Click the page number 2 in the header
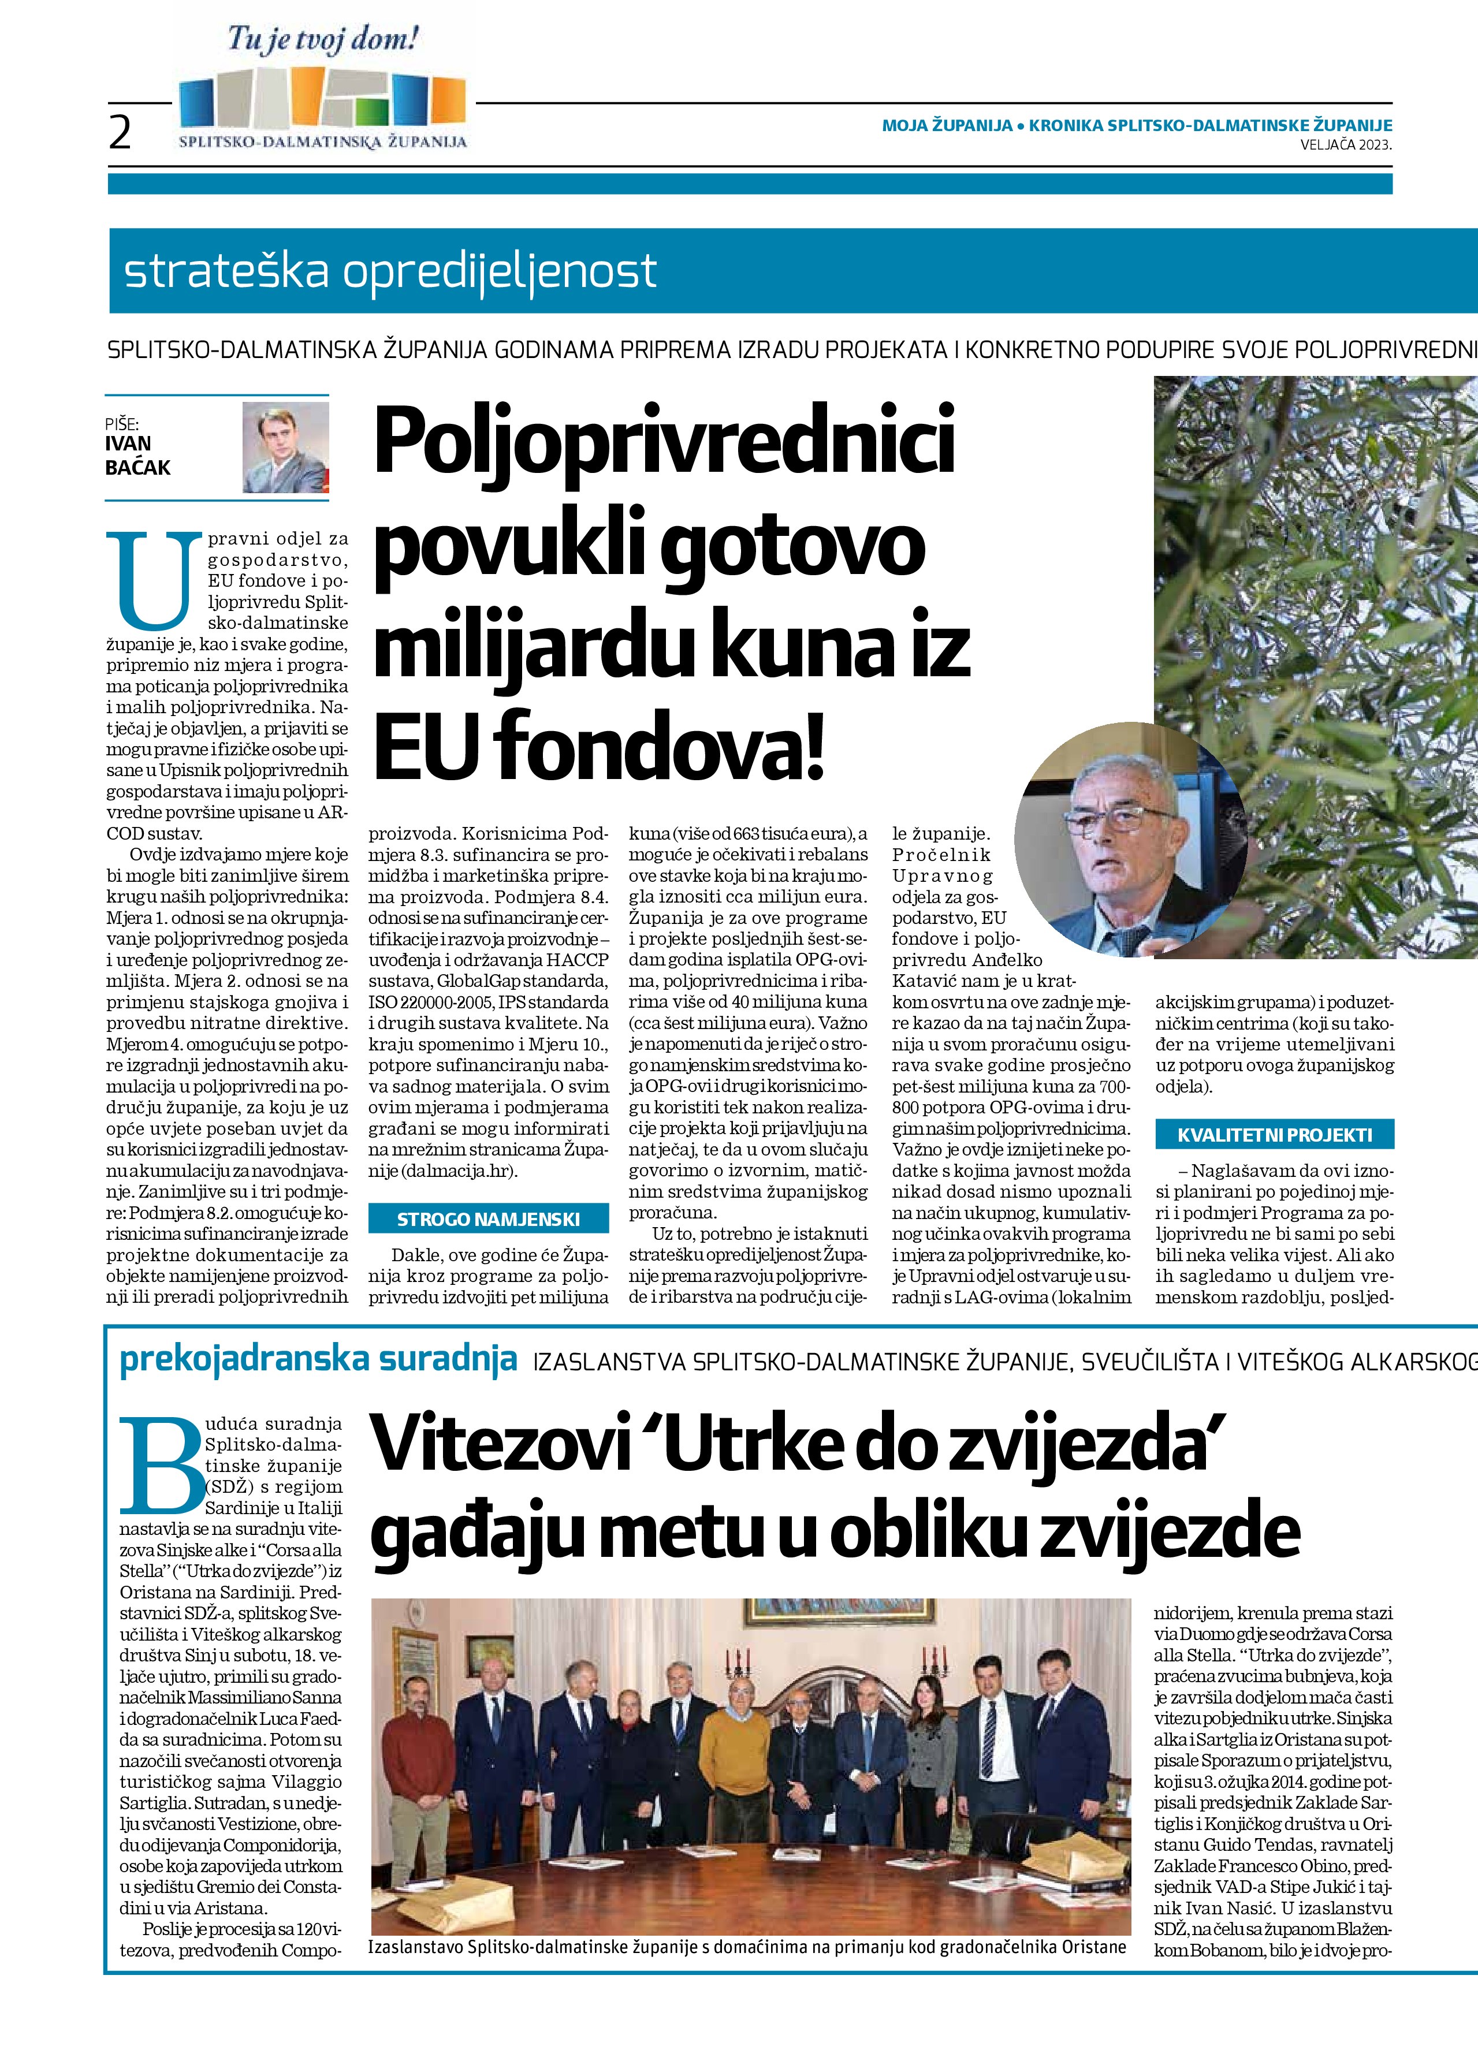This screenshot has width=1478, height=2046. (120, 133)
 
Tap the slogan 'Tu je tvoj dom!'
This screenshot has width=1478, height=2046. (323, 40)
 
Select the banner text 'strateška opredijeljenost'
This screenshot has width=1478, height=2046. (390, 271)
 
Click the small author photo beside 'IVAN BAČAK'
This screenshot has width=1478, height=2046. (286, 446)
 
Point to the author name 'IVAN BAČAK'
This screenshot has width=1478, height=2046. (137, 456)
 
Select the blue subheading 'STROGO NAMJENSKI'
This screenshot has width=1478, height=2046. (488, 1220)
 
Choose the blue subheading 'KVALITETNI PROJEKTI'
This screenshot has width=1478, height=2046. (1274, 1135)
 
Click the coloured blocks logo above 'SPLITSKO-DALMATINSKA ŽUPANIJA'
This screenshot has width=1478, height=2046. (322, 100)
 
